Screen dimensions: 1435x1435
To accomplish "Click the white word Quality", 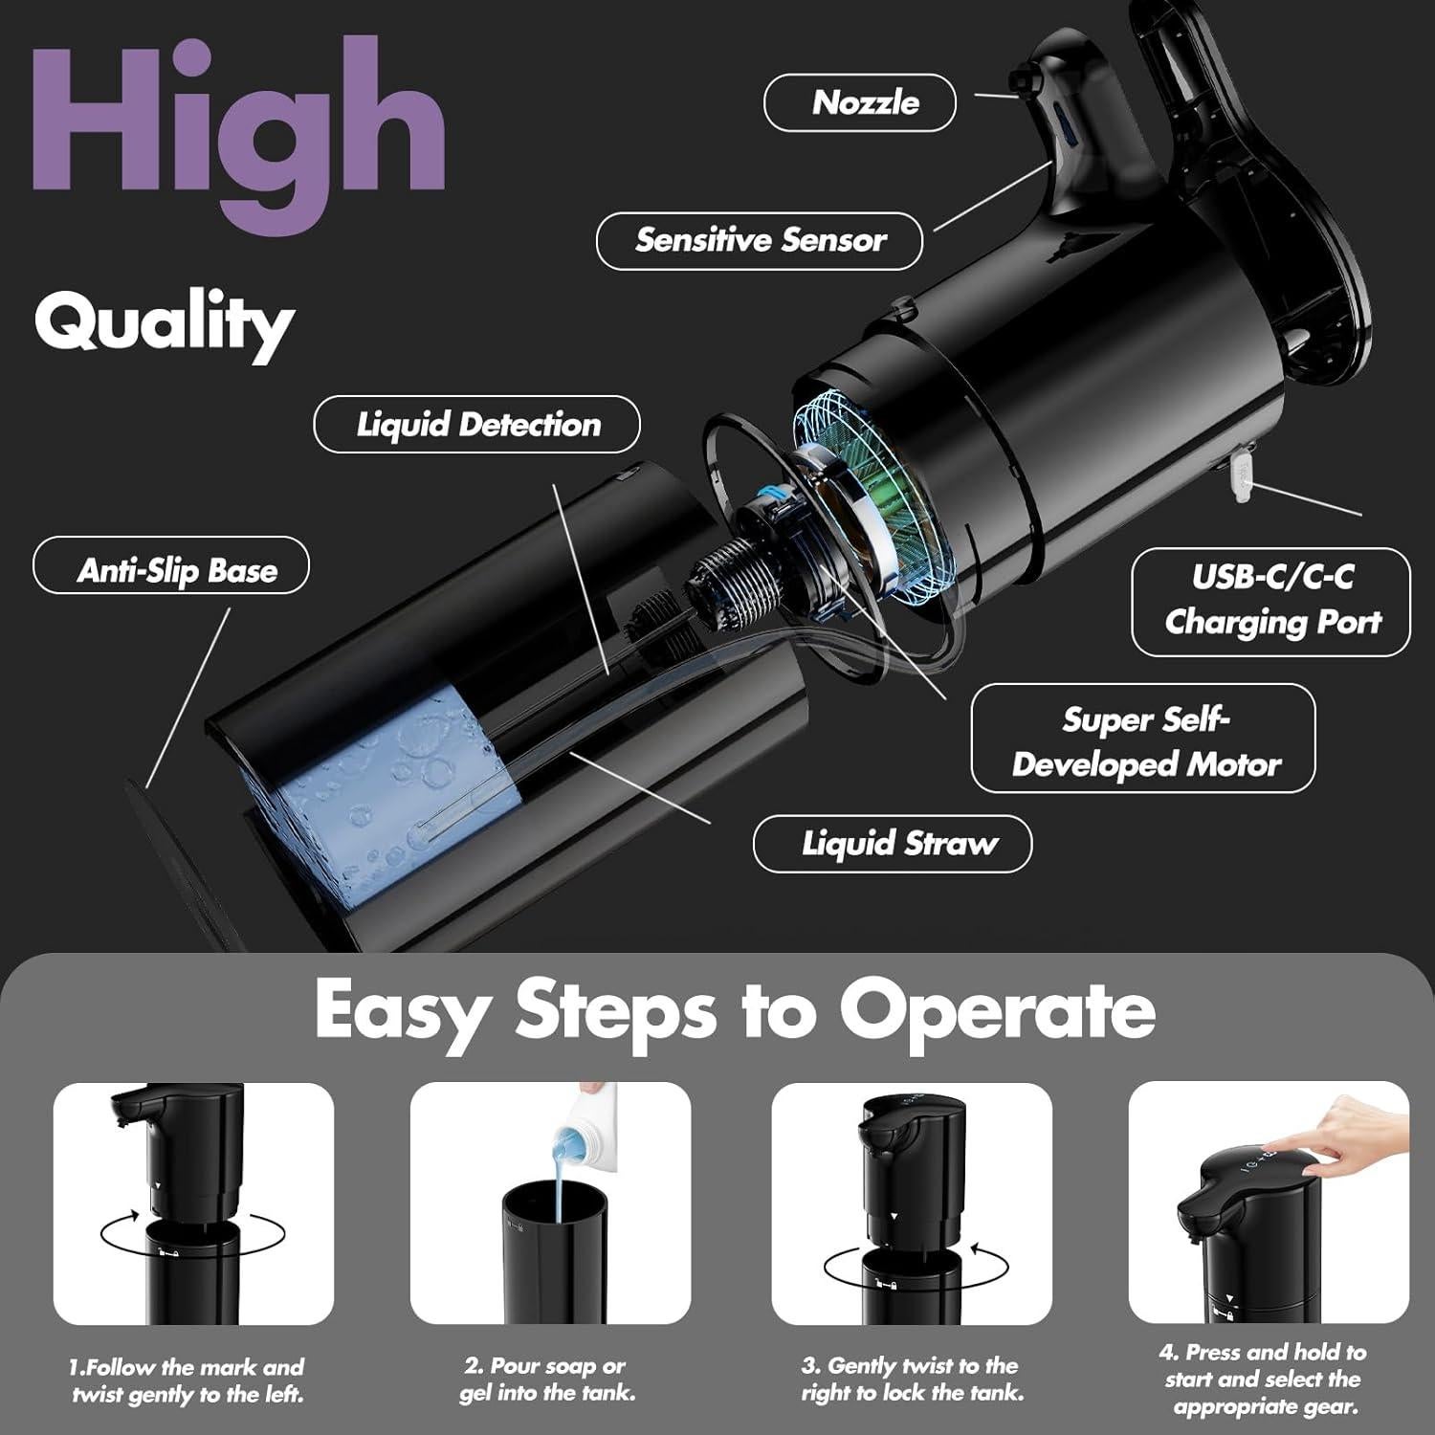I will [x=164, y=323].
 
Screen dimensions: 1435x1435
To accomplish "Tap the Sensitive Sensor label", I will [x=760, y=240].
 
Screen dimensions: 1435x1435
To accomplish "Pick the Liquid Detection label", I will [x=477, y=425].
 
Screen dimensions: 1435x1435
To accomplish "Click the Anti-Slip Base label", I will [x=172, y=571].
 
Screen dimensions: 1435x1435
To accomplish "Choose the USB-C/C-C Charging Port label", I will [x=1270, y=601].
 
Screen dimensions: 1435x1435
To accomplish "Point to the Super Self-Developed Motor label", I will [x=1143, y=741].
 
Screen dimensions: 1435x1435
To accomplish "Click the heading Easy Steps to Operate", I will [x=735, y=1010].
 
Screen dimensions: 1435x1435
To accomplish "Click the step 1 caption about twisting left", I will [x=188, y=1380].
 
